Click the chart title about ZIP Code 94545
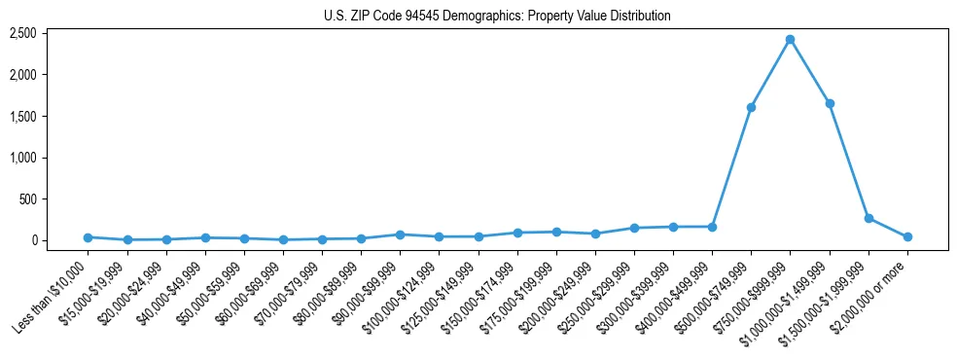tap(497, 16)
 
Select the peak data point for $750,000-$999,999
tap(790, 40)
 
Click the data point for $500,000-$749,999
tap(751, 107)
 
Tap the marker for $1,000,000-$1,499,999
tap(829, 103)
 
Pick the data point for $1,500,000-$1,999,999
tap(868, 218)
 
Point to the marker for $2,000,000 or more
tap(907, 236)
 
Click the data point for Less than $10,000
tap(88, 237)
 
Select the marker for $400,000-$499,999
tap(712, 227)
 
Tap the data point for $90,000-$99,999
tap(400, 234)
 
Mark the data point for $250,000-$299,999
tap(634, 228)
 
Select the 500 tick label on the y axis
tap(28, 199)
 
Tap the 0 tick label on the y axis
tap(34, 240)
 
